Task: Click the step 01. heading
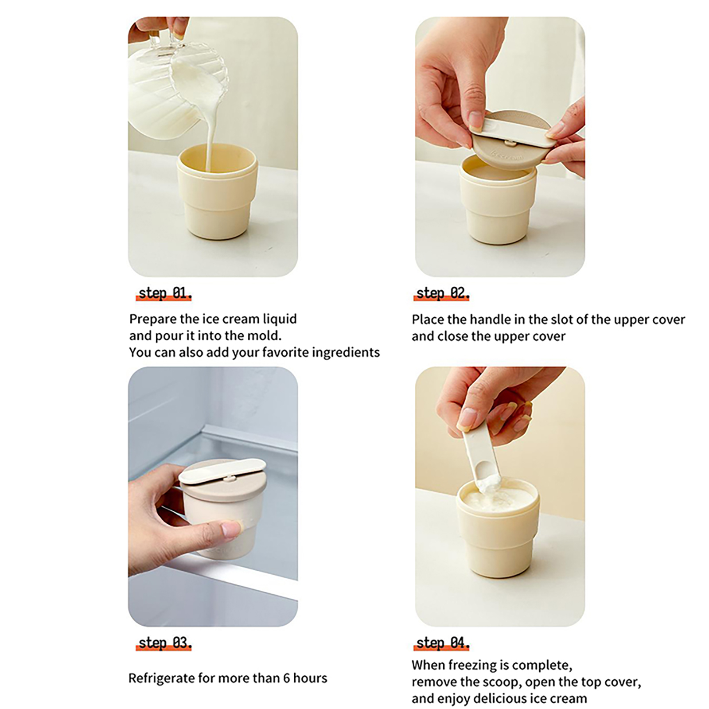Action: tap(165, 293)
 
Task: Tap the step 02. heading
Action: tap(442, 293)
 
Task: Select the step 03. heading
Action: tap(165, 643)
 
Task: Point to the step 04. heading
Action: tap(442, 643)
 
